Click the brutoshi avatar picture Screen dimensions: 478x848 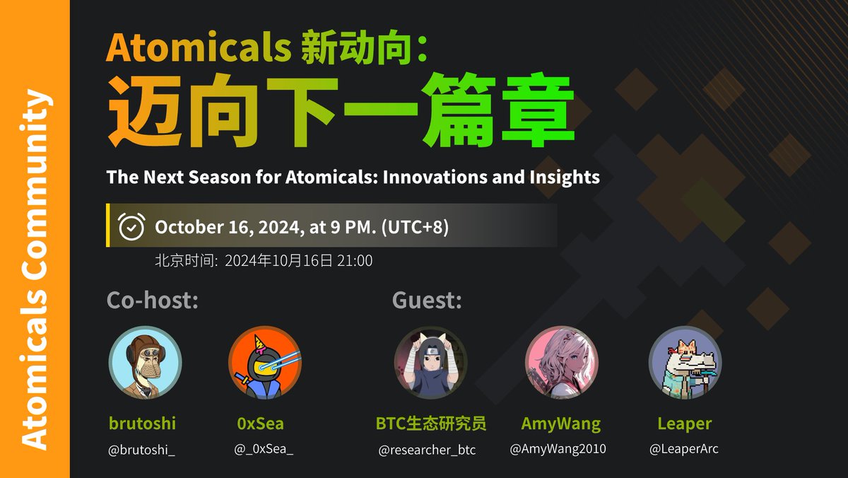pyautogui.click(x=145, y=362)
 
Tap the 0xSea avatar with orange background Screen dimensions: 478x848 pyautogui.click(x=265, y=362)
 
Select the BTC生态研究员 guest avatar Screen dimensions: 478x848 pyautogui.click(x=430, y=362)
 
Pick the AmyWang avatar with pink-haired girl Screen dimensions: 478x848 pyautogui.click(x=561, y=362)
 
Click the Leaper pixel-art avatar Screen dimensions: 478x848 pyautogui.click(x=684, y=362)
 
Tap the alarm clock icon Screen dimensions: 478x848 pyautogui.click(x=131, y=226)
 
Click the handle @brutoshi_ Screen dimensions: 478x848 pyautogui.click(x=141, y=450)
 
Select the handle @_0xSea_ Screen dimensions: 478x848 pyautogui.click(x=261, y=450)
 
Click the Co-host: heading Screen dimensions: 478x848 pyautogui.click(x=152, y=301)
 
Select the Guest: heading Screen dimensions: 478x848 pyautogui.click(x=427, y=301)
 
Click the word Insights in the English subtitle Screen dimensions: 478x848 pyautogui.click(x=565, y=177)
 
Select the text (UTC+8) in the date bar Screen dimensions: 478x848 pyautogui.click(x=415, y=227)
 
